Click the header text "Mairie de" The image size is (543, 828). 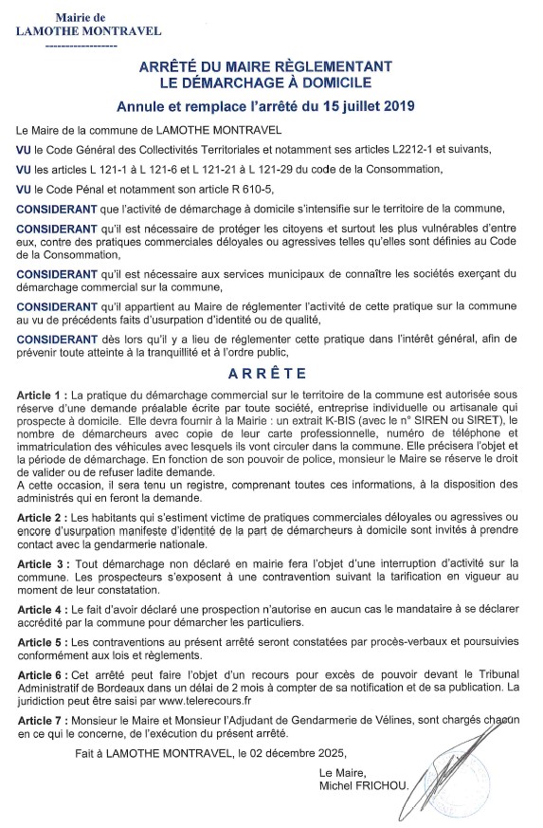point(81,17)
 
